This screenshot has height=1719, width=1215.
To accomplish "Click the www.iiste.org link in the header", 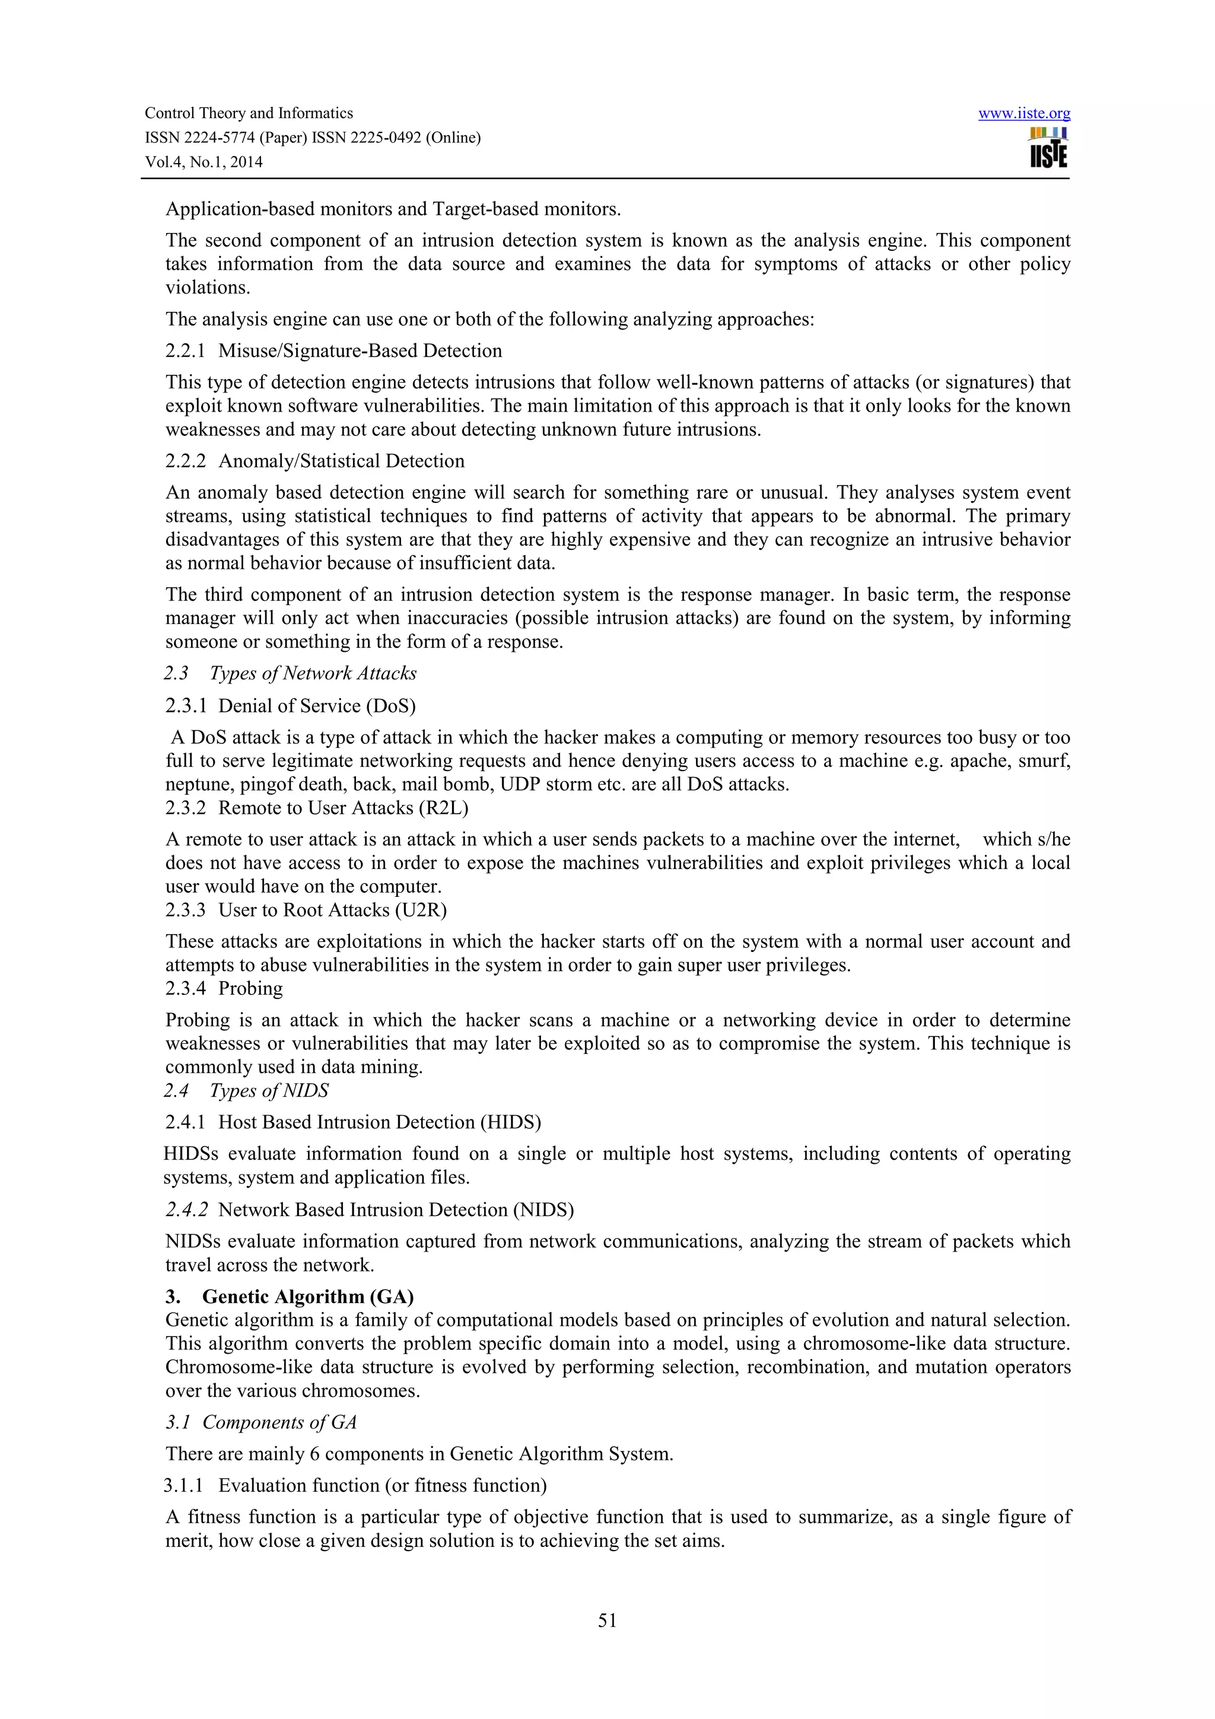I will click(x=1023, y=114).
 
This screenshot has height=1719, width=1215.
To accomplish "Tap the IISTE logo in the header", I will click(x=1048, y=148).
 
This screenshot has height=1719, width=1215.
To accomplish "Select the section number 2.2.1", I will click(x=185, y=351).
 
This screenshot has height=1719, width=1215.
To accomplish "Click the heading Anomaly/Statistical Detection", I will click(x=341, y=461).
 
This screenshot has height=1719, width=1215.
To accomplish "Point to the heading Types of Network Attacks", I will click(x=313, y=673).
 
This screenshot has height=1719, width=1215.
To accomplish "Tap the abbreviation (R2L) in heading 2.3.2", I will click(x=443, y=808).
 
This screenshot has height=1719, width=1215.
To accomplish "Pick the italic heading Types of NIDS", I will click(x=269, y=1090).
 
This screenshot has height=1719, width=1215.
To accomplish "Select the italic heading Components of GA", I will click(x=279, y=1422).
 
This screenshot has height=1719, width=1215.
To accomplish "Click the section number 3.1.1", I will click(x=183, y=1485).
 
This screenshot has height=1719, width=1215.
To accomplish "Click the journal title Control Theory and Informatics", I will click(x=249, y=114).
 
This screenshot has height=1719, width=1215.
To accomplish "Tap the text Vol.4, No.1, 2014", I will click(x=203, y=162).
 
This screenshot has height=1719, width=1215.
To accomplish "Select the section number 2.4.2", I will click(x=186, y=1210).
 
